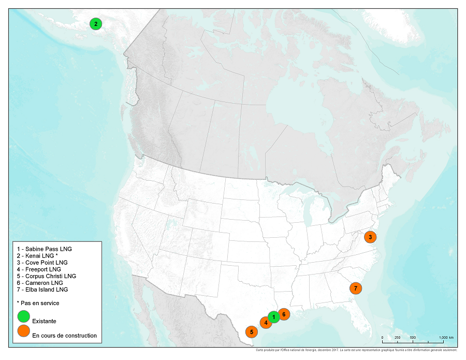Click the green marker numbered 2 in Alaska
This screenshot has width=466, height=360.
pyautogui.click(x=95, y=23)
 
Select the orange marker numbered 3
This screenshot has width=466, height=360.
pyautogui.click(x=370, y=237)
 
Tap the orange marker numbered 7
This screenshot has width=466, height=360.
pyautogui.click(x=355, y=288)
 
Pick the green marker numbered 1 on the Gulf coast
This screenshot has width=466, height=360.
pyautogui.click(x=273, y=316)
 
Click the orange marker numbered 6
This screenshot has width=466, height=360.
pyautogui.click(x=283, y=314)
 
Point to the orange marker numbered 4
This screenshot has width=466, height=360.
pyautogui.click(x=266, y=323)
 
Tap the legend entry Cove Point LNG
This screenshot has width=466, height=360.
pyautogui.click(x=42, y=263)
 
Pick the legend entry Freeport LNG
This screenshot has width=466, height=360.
pyautogui.click(x=39, y=269)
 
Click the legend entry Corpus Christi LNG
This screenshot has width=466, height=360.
pyautogui.click(x=46, y=276)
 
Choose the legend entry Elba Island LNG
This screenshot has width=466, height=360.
pyautogui.click(x=42, y=290)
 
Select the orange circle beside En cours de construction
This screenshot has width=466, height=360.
pyautogui.click(x=23, y=330)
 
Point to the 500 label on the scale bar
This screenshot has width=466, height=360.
pyautogui.click(x=413, y=338)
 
